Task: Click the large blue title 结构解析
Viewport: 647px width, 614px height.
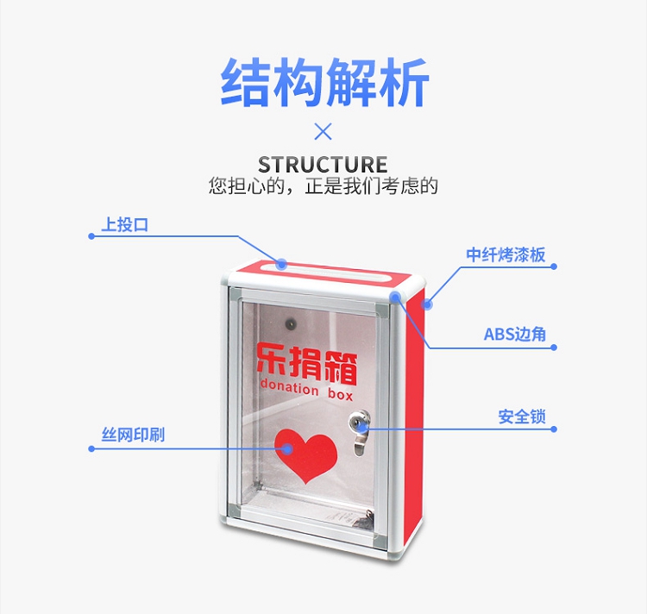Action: click(x=323, y=83)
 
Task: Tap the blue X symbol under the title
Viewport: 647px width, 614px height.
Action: click(x=323, y=132)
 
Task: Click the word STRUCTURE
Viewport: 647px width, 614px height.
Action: click(x=323, y=165)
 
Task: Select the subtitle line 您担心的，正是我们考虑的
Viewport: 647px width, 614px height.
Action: click(x=323, y=185)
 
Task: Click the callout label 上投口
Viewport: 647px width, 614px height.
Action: click(x=125, y=225)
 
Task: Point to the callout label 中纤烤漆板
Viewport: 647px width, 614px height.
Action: click(x=506, y=254)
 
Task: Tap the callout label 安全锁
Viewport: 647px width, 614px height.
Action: click(x=522, y=417)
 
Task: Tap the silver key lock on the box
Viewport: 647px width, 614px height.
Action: click(x=358, y=424)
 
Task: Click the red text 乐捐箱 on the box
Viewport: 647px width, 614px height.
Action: click(x=307, y=363)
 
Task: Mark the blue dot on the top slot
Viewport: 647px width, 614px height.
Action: click(x=282, y=262)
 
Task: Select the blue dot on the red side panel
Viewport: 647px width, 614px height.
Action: click(x=427, y=304)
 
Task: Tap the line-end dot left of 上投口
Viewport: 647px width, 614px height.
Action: click(x=91, y=235)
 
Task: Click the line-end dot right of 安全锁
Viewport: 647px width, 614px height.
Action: click(x=554, y=428)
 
